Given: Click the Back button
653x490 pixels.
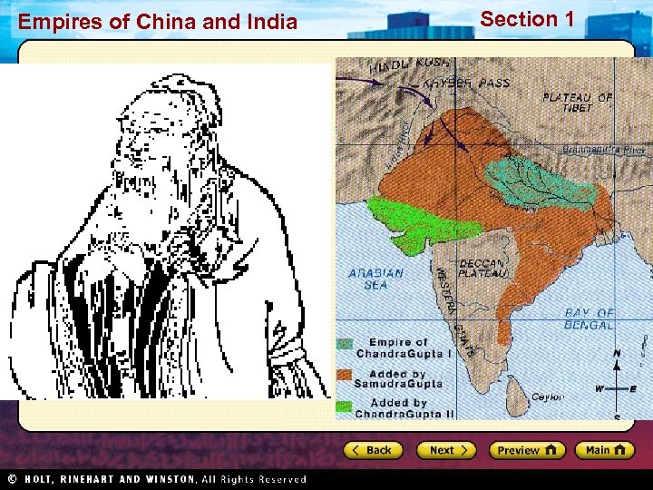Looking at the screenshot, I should (371, 450).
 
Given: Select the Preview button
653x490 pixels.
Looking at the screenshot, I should (526, 450).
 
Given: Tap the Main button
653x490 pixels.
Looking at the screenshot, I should (607, 450).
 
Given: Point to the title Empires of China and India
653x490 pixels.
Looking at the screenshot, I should (158, 22).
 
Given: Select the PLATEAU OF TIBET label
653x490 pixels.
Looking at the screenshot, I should (578, 103).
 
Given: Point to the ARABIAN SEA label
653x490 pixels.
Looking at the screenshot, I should (375, 279).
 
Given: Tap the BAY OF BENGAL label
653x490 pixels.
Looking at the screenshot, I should (590, 318).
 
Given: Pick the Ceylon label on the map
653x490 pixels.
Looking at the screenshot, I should (548, 397).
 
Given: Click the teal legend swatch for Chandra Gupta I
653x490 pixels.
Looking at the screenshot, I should (345, 344).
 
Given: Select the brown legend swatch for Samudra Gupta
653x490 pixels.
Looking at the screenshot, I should (345, 374).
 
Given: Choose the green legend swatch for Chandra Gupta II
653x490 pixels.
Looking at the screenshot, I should (345, 404).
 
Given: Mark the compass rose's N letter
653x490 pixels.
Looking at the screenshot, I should (617, 352).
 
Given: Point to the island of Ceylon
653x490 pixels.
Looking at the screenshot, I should (519, 390).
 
